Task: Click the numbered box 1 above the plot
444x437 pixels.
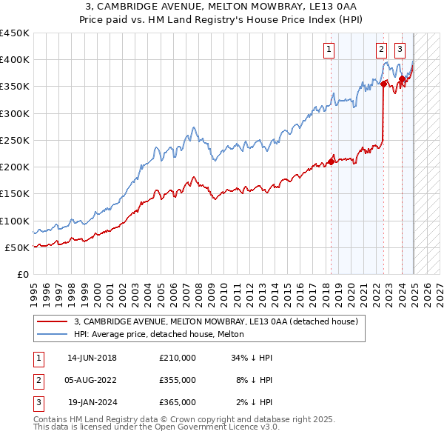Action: click(328, 50)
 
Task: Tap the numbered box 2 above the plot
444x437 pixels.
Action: click(381, 50)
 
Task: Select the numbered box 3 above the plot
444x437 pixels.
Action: click(400, 50)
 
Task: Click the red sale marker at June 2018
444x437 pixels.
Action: click(331, 162)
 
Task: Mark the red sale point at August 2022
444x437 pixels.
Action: click(383, 84)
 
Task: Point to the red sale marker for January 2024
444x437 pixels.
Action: click(402, 79)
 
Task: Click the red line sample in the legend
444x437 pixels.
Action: click(53, 322)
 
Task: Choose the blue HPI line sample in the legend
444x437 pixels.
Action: click(53, 335)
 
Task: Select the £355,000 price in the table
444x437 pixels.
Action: click(178, 380)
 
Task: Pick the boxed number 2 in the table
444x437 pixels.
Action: click(38, 380)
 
